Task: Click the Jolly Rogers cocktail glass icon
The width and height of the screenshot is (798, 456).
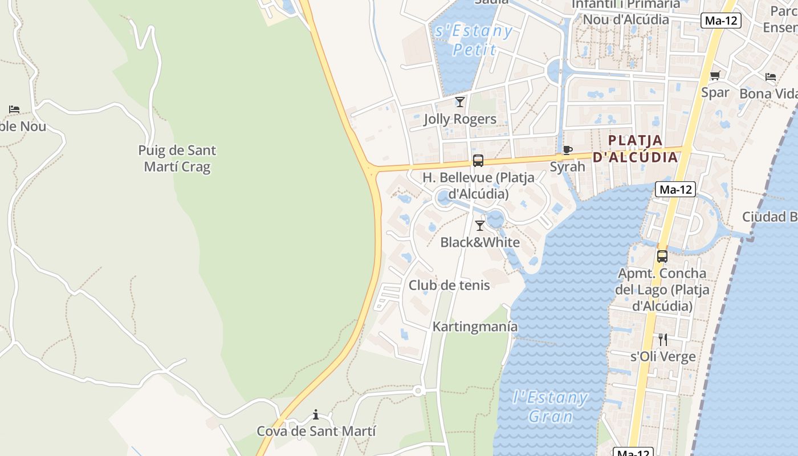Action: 460,102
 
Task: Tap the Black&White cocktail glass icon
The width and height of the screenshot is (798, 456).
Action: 480,226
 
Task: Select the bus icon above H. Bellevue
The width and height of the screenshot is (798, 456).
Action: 478,161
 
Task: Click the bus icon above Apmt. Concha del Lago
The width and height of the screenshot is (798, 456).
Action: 662,256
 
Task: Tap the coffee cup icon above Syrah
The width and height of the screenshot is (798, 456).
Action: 567,150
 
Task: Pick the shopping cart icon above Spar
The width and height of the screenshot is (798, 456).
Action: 715,76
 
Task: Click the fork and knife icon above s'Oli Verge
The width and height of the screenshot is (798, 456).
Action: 662,340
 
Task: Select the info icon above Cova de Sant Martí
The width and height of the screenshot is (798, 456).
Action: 316,414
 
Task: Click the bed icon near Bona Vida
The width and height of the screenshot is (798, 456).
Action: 771,77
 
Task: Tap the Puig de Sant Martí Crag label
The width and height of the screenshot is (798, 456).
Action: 177,158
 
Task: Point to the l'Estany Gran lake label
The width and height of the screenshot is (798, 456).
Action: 550,406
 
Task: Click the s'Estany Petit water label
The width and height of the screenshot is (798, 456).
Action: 474,40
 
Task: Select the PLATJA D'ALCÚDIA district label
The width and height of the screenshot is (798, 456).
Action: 635,149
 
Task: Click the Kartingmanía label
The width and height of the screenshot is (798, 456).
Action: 475,327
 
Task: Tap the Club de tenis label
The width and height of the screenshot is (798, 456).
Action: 449,285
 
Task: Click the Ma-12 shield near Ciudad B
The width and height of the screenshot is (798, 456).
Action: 675,190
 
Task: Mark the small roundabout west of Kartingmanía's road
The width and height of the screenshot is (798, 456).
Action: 418,390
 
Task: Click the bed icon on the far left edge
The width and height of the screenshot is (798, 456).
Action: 14,109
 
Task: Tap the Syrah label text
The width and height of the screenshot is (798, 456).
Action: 567,166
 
